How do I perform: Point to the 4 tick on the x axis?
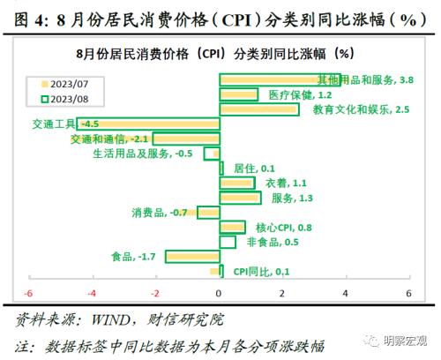(x=345, y=293)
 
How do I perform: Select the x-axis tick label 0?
(x=219, y=293)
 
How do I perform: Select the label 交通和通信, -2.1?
(x=110, y=139)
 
